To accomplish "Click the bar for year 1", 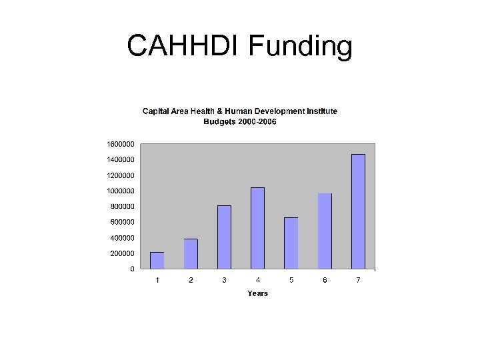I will point(157,261).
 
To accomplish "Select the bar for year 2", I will point(191,254).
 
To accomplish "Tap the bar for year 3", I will point(224,237).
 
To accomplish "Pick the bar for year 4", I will point(257,228).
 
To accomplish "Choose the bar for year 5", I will point(291,243).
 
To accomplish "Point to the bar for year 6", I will point(325,231).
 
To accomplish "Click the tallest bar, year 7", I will point(358,211).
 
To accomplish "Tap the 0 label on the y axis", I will point(132,269).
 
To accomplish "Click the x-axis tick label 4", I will point(258,280).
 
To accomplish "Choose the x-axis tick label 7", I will point(358,280).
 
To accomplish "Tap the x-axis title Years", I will point(257,293).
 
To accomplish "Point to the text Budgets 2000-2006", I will point(240,122).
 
